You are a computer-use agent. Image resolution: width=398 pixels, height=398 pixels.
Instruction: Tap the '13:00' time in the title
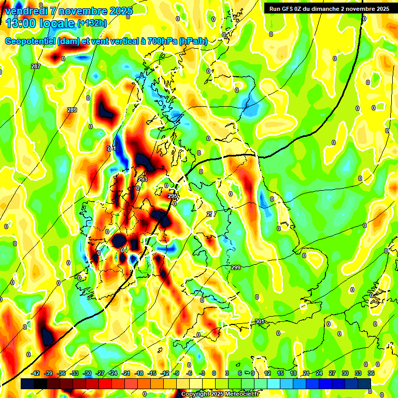21,23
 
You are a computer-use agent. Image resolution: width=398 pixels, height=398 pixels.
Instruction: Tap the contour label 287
35,66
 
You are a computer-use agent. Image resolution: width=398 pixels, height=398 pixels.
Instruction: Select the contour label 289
72,110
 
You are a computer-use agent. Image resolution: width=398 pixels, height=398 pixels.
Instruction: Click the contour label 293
143,179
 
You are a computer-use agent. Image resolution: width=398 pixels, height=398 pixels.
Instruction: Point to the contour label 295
173,196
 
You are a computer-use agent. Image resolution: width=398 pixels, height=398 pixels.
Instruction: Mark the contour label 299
236,267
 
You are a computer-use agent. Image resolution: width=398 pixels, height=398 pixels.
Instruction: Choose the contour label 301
260,322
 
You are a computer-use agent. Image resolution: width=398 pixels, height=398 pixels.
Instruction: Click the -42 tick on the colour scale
36,373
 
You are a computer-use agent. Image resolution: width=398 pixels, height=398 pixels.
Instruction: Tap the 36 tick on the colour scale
371,373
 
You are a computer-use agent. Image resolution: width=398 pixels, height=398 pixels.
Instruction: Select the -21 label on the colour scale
126,373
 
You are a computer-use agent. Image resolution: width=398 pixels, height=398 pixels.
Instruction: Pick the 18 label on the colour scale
293,373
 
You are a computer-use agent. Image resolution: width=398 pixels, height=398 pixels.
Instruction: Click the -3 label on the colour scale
203,373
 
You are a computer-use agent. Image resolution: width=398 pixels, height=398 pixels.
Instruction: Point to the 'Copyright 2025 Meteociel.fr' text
220,394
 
